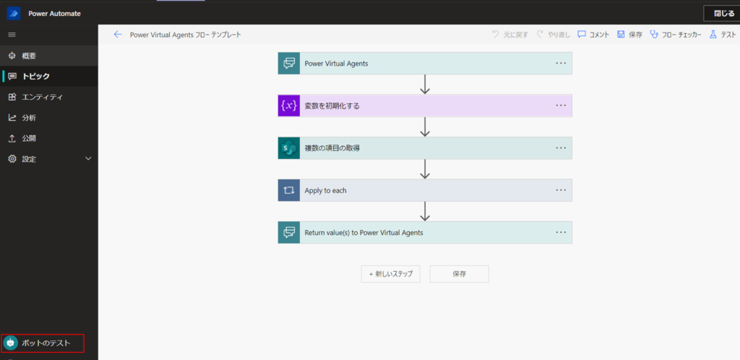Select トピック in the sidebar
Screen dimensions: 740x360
[x=35, y=77]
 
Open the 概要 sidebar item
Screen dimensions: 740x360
[x=29, y=56]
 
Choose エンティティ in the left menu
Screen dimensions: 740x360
[x=43, y=97]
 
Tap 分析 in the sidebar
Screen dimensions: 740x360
[x=29, y=118]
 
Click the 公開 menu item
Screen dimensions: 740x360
[x=29, y=139]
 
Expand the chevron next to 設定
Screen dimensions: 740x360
[x=88, y=158]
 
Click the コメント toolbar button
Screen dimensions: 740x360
[x=594, y=35]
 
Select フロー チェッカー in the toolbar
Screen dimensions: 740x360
[x=676, y=35]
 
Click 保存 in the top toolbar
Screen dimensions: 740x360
[x=629, y=35]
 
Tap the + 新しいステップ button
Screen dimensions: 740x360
[x=391, y=274]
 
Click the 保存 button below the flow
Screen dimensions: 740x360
[x=459, y=274]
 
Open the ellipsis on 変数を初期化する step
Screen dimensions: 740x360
[x=561, y=106]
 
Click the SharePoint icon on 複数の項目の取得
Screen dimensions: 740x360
[x=289, y=148]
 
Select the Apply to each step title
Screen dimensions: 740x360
[x=326, y=191]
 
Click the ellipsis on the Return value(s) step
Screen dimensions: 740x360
[x=561, y=232]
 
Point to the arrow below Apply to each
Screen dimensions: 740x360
[x=425, y=211]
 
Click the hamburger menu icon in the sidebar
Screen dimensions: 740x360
[x=12, y=35]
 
